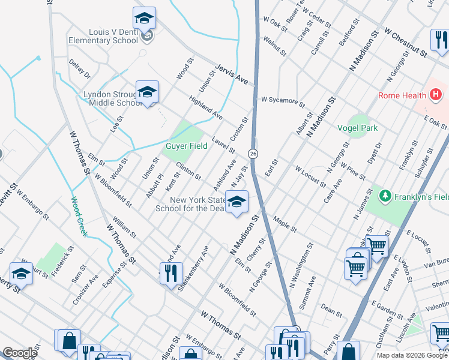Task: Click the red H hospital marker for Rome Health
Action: tap(436, 95)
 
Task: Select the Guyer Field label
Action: tap(187, 146)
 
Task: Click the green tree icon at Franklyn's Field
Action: tap(384, 196)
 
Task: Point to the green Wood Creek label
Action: tap(79, 217)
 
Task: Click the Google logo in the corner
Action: tap(20, 353)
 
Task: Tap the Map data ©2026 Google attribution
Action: tap(411, 355)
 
